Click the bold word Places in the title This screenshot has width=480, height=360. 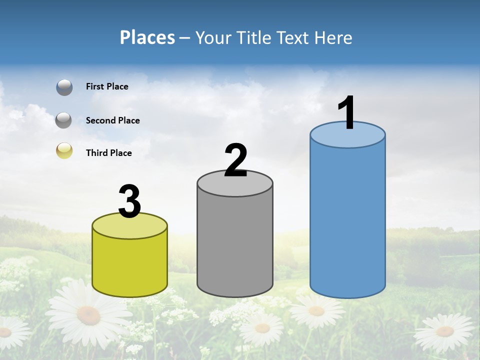(x=147, y=37)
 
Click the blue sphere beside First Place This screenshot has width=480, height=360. (x=64, y=87)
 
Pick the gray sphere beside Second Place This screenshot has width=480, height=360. (x=64, y=120)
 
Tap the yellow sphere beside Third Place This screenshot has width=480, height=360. (x=64, y=150)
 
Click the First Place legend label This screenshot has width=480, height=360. (x=107, y=86)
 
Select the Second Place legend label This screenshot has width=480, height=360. (x=112, y=120)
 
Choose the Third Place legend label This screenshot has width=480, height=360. (x=108, y=153)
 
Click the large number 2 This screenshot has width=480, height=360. (x=235, y=160)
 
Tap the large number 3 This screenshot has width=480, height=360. (x=129, y=202)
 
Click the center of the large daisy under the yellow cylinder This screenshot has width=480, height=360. (x=88, y=315)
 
